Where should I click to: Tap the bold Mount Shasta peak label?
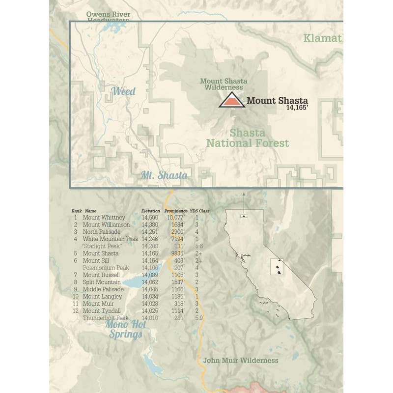click(x=277, y=101)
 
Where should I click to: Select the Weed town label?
click(x=124, y=91)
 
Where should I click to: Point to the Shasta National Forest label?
click(x=248, y=138)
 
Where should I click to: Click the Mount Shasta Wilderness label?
click(x=224, y=84)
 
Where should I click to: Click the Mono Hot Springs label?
click(x=126, y=330)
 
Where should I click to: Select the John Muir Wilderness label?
click(x=241, y=361)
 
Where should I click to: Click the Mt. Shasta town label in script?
click(x=164, y=175)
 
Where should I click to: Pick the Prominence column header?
click(x=176, y=211)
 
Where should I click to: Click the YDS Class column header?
click(x=199, y=211)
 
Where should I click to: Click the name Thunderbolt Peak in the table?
click(x=106, y=318)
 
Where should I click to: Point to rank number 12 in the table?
click(x=76, y=311)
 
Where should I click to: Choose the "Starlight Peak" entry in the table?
click(x=102, y=246)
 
